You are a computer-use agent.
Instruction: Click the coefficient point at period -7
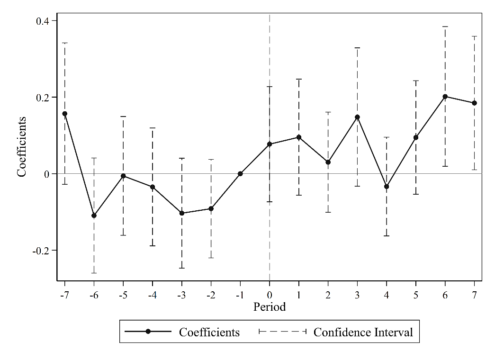pyautogui.click(x=65, y=114)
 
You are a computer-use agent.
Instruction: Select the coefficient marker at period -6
pyautogui.click(x=94, y=216)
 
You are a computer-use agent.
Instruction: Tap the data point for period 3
pyautogui.click(x=358, y=117)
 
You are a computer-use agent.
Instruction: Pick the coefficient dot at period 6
pyautogui.click(x=445, y=97)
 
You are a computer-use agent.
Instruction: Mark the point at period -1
pyautogui.click(x=240, y=174)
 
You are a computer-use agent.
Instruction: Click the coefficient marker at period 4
pyautogui.click(x=387, y=187)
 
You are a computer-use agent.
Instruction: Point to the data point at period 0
pyautogui.click(x=270, y=144)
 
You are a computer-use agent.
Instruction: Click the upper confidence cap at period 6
pyautogui.click(x=445, y=27)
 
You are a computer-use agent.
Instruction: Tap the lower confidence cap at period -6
pyautogui.click(x=94, y=273)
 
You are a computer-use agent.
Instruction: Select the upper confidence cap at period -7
pyautogui.click(x=65, y=43)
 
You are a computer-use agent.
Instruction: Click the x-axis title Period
pyautogui.click(x=270, y=307)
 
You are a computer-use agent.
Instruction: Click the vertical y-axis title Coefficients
pyautogui.click(x=21, y=145)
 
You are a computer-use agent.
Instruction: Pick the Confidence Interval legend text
pyautogui.click(x=363, y=332)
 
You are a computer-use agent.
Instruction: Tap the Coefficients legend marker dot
pyautogui.click(x=148, y=332)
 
